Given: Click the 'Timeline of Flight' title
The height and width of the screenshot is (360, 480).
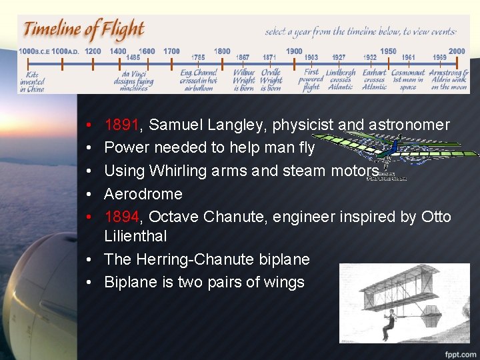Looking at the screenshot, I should pyautogui.click(x=84, y=30).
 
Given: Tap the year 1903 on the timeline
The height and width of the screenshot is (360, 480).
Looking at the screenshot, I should pyautogui.click(x=311, y=58).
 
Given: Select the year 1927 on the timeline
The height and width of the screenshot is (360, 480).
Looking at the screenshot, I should pyautogui.click(x=339, y=58).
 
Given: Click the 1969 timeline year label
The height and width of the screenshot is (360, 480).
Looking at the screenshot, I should pyautogui.click(x=439, y=58).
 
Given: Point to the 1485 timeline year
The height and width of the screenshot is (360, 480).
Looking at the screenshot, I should pyautogui.click(x=133, y=58).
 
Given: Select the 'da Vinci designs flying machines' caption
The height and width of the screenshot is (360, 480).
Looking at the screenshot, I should pyautogui.click(x=133, y=80).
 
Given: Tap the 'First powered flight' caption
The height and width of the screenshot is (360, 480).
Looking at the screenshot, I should pyautogui.click(x=311, y=79).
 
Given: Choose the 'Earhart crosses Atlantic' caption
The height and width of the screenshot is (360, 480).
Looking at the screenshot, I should pyautogui.click(x=375, y=79).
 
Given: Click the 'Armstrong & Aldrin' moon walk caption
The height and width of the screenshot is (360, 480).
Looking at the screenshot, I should pyautogui.click(x=449, y=79).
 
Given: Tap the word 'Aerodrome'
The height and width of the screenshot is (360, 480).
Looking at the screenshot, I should pyautogui.click(x=143, y=194).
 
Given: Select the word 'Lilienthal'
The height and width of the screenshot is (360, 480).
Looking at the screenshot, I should pyautogui.click(x=135, y=236).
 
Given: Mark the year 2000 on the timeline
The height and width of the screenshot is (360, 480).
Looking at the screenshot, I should pyautogui.click(x=457, y=51).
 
